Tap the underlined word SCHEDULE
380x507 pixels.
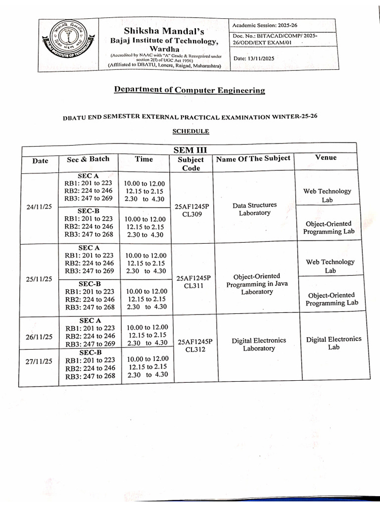tap(190, 131)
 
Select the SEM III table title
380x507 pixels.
tap(190, 150)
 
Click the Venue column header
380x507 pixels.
tap(326, 157)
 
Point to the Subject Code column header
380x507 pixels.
tap(191, 164)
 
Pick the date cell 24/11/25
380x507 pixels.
tap(39, 207)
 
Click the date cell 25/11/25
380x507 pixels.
tap(39, 279)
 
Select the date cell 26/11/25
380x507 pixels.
tap(39, 337)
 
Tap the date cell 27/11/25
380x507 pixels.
tap(39, 361)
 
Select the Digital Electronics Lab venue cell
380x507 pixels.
tap(334, 343)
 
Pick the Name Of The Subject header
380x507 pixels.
tap(253, 159)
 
